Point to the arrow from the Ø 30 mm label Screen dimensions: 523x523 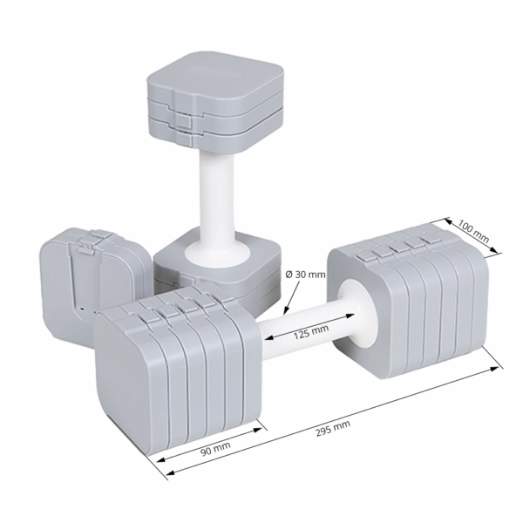(295, 298)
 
